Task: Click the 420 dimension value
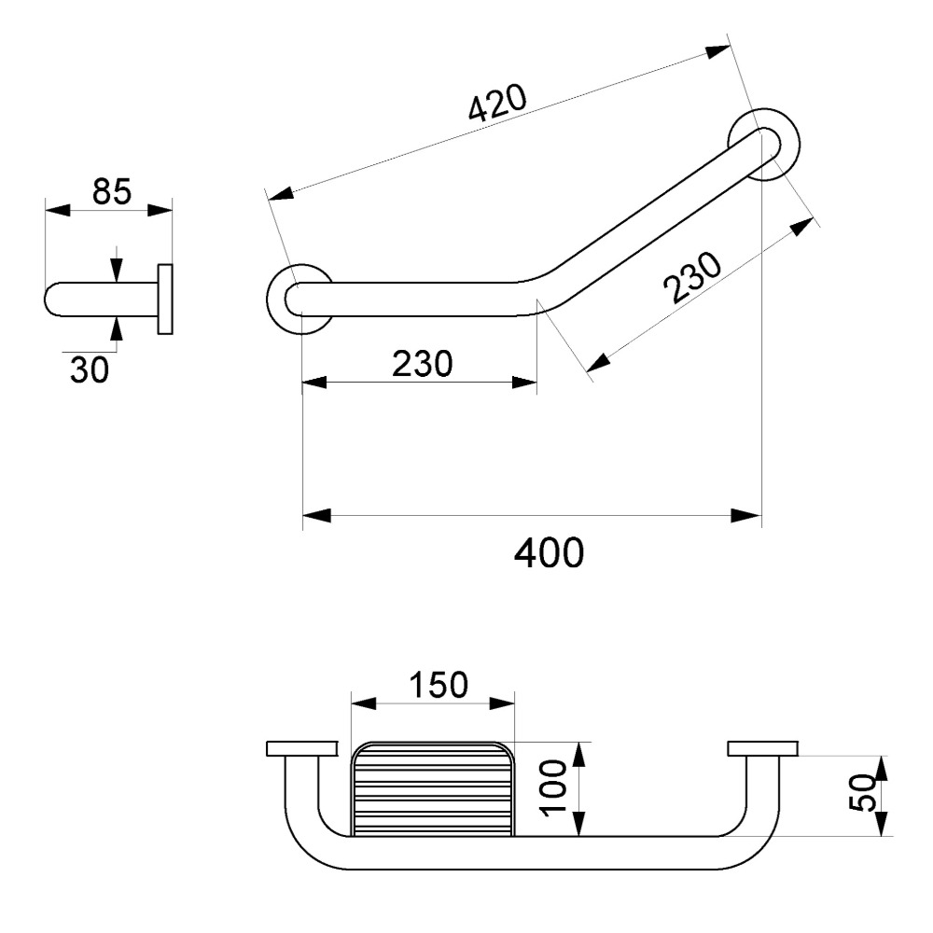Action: click(498, 104)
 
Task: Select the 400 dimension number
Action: click(550, 553)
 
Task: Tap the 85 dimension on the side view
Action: click(111, 191)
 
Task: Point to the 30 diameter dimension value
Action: click(90, 369)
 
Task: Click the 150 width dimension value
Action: click(435, 685)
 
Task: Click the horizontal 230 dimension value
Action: click(422, 363)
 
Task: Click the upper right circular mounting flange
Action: click(767, 142)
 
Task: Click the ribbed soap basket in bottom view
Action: click(433, 788)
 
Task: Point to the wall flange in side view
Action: click(165, 299)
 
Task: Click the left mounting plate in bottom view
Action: click(300, 748)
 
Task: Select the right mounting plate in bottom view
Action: click(762, 748)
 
